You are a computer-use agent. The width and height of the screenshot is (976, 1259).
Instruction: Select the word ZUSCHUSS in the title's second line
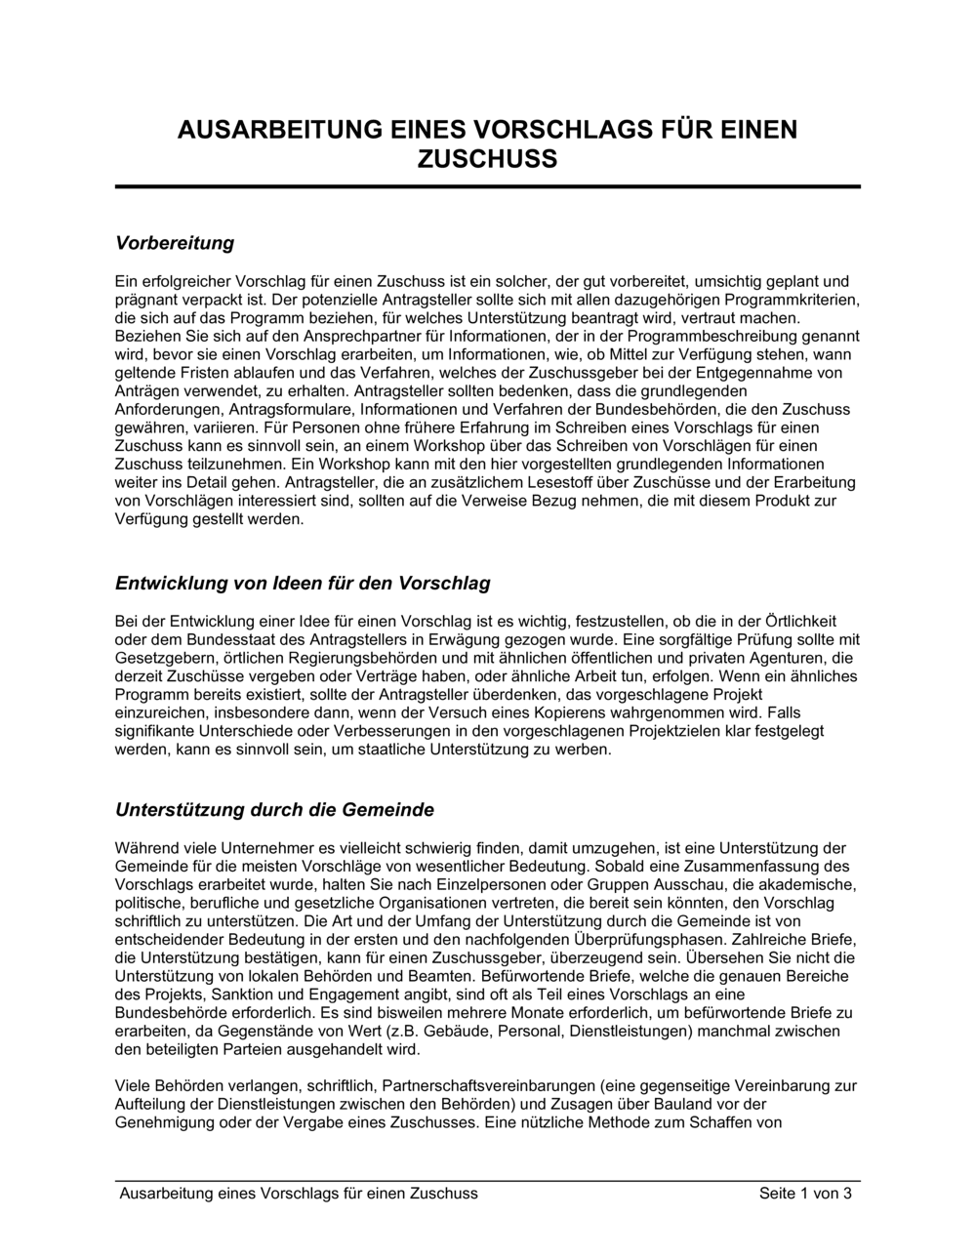click(x=487, y=159)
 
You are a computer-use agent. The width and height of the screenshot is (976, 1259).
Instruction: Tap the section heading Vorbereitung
click(x=175, y=242)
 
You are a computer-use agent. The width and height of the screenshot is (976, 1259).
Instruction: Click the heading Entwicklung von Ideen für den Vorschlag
click(x=303, y=584)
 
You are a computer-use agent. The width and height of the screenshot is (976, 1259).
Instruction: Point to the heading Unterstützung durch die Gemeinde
click(x=274, y=810)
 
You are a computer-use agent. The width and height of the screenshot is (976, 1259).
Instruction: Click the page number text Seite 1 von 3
click(x=805, y=1194)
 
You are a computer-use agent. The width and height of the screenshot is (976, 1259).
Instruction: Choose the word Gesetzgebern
click(x=160, y=658)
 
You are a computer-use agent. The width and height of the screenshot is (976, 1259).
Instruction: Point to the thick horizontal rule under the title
click(x=487, y=186)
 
